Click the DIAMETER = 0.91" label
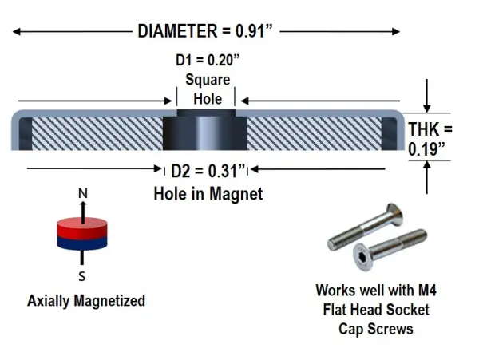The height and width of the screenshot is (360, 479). pos(204,31)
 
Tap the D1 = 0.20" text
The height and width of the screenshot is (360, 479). pos(208,60)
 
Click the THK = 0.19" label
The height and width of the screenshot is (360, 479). pos(430,139)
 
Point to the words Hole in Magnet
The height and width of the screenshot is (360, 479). pos(208,194)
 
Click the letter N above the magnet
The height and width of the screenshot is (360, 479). pos(83,194)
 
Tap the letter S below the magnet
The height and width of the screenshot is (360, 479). pos(82,276)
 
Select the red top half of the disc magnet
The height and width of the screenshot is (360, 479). pos(82,227)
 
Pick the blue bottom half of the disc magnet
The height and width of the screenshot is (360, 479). pos(82,243)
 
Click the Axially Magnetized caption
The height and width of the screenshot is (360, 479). pos(86,300)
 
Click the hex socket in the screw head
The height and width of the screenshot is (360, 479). pos(363,257)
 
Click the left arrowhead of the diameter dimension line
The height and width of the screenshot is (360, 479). pos(16,31)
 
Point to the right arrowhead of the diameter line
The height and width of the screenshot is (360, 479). pos(396,31)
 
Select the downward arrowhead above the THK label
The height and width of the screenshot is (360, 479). pos(427,109)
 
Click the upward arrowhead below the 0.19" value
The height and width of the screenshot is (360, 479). pos(427,165)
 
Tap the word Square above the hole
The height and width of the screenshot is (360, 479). pos(208,80)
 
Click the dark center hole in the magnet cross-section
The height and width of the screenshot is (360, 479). pos(205,130)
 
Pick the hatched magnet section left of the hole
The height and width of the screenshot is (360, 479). pos(97,133)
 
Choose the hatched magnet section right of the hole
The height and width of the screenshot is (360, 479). pos(315,133)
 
